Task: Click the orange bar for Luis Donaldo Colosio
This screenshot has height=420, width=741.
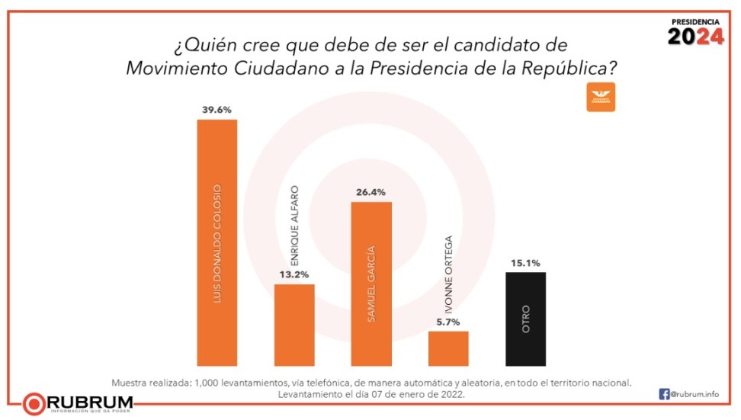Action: tap(217, 242)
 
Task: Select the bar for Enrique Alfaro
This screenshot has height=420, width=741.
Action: tap(294, 325)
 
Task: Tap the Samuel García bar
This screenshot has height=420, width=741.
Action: tap(371, 284)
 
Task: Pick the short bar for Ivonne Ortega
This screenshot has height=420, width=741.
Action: tap(448, 348)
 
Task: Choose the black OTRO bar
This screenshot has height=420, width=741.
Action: tap(525, 319)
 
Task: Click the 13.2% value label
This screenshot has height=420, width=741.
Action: tap(294, 274)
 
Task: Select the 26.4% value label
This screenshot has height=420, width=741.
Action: tap(371, 192)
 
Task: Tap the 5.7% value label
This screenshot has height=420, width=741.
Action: tap(448, 322)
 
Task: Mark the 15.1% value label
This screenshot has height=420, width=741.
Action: tap(525, 263)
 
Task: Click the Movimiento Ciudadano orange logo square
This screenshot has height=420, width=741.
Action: tap(601, 97)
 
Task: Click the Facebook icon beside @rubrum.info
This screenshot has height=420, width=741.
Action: tap(664, 394)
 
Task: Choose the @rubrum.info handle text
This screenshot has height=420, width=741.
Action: tap(696, 395)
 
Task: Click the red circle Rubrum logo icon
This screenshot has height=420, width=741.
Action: tap(34, 402)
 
